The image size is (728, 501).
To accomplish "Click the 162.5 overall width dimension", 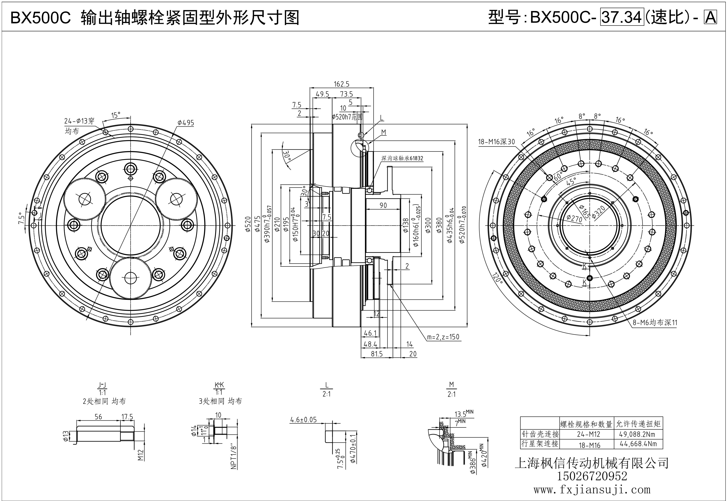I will pyautogui.click(x=341, y=84).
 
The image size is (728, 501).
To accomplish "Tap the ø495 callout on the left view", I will pyautogui.click(x=186, y=123).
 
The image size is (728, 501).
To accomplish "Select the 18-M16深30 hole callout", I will pyautogui.click(x=496, y=142).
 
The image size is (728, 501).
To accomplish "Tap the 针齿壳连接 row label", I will pyautogui.click(x=540, y=434).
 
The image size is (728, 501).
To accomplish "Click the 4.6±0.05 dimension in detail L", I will pyautogui.click(x=303, y=420).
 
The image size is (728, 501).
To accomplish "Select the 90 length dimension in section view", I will pyautogui.click(x=383, y=205).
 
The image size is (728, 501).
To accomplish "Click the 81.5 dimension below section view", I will pyautogui.click(x=377, y=354).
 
